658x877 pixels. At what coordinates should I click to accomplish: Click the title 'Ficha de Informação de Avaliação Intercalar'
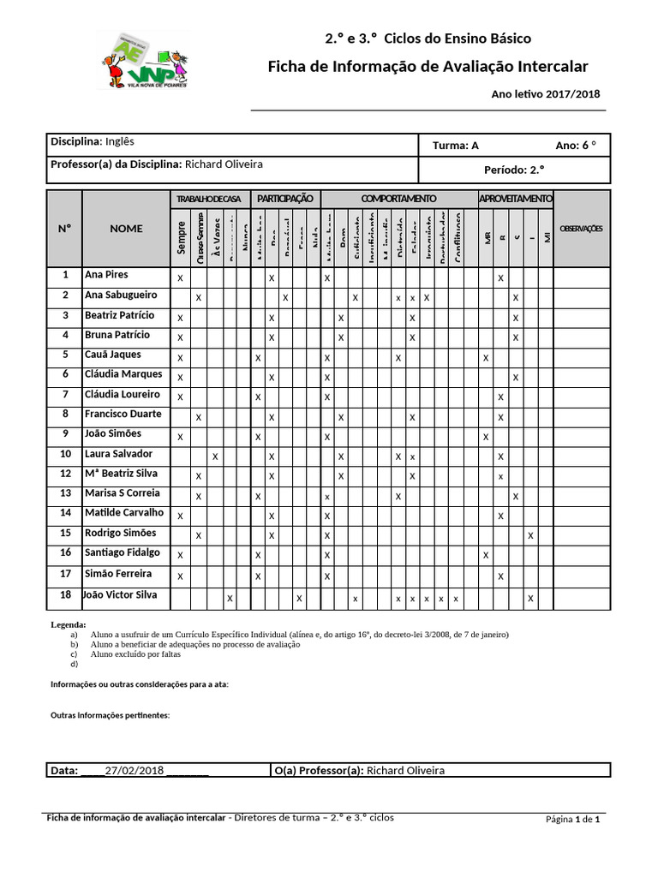coord(428,67)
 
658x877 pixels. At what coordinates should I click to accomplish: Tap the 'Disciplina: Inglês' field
coord(93,141)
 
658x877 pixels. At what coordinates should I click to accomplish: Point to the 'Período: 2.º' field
coord(514,170)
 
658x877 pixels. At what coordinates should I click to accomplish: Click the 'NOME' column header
coord(126,229)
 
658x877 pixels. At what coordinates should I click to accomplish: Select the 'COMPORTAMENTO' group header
coord(398,199)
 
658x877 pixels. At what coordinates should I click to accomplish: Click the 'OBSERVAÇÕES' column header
coord(582,229)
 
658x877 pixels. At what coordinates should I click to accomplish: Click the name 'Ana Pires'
coord(106,276)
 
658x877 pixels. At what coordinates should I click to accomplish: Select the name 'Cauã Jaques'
coord(113,355)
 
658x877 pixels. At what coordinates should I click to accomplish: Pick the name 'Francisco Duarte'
coord(123,414)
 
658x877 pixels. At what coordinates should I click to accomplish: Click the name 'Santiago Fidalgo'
coord(122,552)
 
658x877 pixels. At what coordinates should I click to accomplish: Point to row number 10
coord(64,454)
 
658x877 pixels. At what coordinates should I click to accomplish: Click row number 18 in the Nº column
coord(64,595)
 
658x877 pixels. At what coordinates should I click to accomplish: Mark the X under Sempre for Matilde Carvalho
coord(180,516)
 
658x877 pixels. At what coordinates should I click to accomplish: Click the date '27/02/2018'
coord(134,771)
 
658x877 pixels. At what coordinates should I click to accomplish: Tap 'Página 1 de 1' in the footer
coord(572,820)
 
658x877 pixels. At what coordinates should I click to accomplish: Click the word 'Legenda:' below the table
coord(69,626)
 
